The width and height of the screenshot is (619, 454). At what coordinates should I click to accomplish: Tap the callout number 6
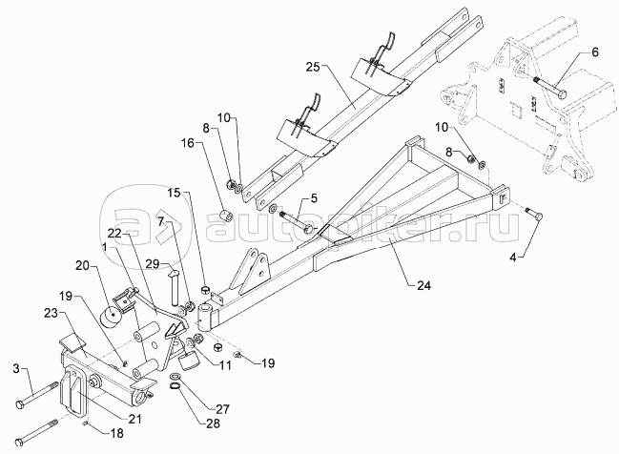(x=594, y=52)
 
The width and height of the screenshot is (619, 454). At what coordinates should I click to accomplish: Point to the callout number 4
(x=513, y=258)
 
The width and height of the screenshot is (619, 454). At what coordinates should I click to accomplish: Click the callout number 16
(x=189, y=143)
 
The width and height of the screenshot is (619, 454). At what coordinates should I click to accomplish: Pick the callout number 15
(x=173, y=193)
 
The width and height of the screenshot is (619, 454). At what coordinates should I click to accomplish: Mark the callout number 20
(x=85, y=267)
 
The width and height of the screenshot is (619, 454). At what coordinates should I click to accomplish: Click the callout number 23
(x=52, y=314)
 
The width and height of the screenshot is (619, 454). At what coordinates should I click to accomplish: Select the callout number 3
(x=16, y=369)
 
